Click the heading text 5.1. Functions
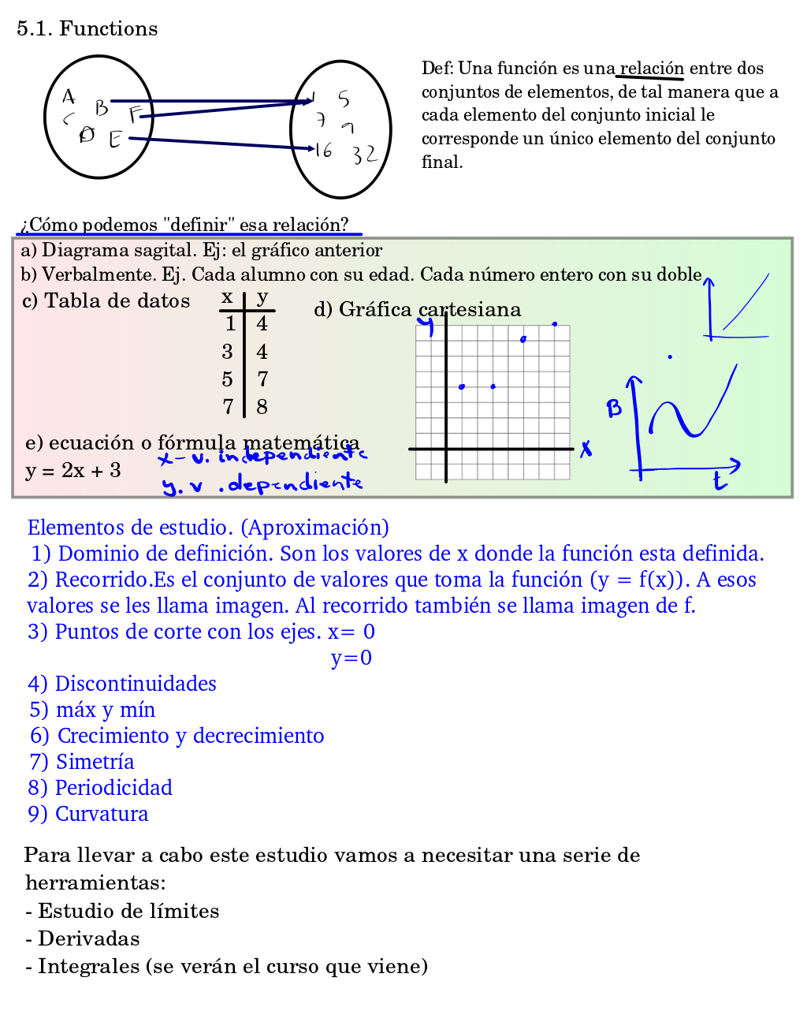click(87, 28)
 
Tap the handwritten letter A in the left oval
click(69, 96)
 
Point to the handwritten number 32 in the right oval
click(364, 155)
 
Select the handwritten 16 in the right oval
click(323, 150)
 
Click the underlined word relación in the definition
click(651, 69)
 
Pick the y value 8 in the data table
click(262, 407)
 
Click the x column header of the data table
click(227, 297)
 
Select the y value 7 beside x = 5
click(262, 379)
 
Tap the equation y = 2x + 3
click(73, 471)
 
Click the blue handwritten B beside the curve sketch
click(614, 408)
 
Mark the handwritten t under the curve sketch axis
click(719, 481)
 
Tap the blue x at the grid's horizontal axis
click(586, 449)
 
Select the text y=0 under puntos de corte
click(351, 658)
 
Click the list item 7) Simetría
click(82, 762)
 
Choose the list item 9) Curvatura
click(88, 814)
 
